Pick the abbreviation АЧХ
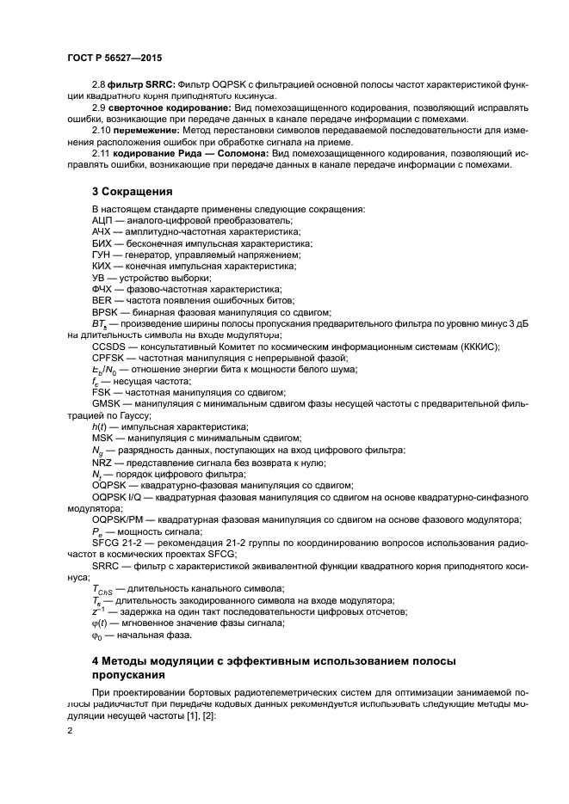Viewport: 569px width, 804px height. tap(102, 233)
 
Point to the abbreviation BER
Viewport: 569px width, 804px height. tap(102, 301)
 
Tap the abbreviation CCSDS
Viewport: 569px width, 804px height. tap(108, 347)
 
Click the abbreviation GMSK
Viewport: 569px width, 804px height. tap(106, 403)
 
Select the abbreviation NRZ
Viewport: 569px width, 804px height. tap(102, 462)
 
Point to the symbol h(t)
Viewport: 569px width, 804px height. tap(99, 427)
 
